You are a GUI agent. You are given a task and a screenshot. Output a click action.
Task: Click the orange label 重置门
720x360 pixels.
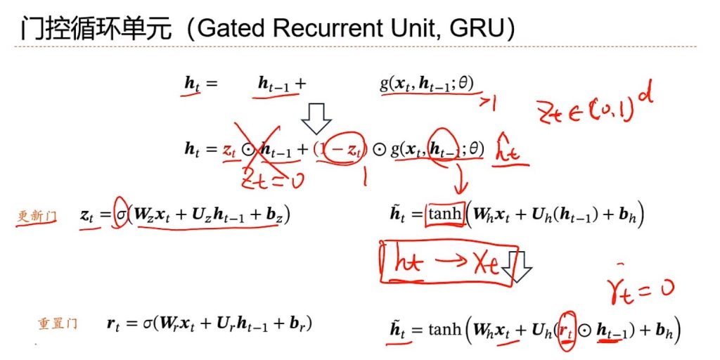(56, 324)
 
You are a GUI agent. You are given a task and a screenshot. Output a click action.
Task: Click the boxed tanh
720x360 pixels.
(444, 215)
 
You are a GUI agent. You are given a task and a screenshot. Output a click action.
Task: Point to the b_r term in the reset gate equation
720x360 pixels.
(296, 325)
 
